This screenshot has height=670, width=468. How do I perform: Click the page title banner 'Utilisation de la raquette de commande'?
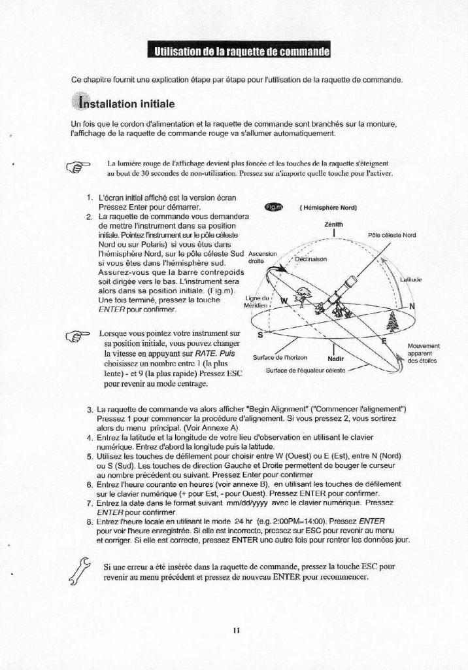[238, 52]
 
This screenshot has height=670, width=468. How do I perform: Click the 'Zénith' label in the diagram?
[334, 224]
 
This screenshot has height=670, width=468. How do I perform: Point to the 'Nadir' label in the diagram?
[335, 359]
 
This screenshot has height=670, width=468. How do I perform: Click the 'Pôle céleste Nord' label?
[392, 236]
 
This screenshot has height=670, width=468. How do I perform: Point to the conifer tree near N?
[391, 321]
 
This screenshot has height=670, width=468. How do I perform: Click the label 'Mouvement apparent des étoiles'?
[423, 353]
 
